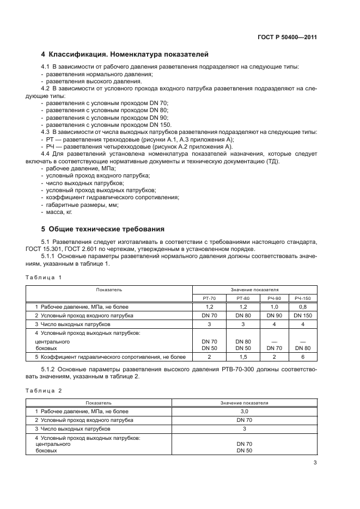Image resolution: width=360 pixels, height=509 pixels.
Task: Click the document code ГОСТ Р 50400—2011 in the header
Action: pos(288,38)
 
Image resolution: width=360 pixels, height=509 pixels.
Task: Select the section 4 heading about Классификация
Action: pos(125,54)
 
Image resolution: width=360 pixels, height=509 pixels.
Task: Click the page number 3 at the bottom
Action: pos(315,463)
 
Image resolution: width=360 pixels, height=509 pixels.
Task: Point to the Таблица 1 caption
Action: pos(44,278)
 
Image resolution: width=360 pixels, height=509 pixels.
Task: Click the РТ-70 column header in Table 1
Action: pos(209,298)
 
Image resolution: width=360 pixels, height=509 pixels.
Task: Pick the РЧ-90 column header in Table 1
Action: pos(274,298)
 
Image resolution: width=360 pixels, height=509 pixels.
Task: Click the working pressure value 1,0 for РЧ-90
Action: pos(274,307)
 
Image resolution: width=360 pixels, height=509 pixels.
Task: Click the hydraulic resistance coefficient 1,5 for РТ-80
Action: pos(243,357)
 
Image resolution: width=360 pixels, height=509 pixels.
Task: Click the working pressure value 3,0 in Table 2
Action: pos(245,412)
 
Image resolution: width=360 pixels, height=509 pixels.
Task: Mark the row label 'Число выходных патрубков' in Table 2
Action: pos(72,428)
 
